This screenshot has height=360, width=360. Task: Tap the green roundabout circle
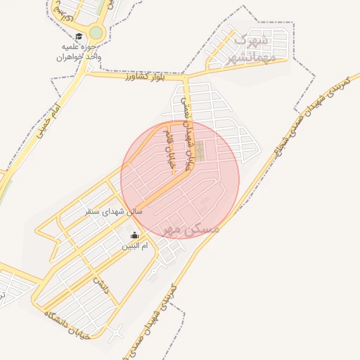coord(96,33)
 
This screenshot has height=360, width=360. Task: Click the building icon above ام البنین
coord(135,236)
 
